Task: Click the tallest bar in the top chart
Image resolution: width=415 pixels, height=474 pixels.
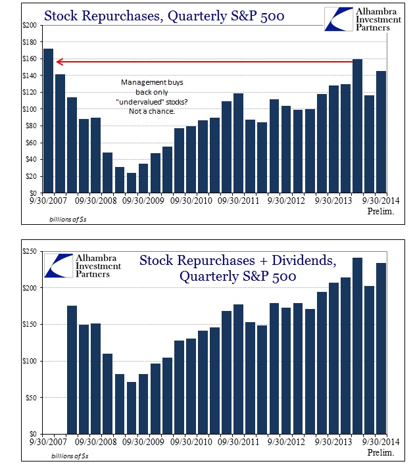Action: (x=49, y=120)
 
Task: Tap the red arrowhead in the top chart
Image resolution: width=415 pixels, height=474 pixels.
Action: (x=60, y=62)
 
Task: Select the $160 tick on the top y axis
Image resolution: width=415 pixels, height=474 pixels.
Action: (x=30, y=59)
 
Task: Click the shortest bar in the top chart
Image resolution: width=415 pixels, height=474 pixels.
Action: (x=132, y=183)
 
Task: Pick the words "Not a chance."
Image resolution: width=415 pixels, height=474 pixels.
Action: (x=152, y=111)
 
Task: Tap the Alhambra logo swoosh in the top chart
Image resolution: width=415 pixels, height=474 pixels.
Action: (x=339, y=19)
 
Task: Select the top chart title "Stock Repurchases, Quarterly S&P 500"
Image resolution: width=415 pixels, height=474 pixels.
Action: (x=164, y=16)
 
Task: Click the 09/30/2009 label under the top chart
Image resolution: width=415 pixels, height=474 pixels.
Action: (x=143, y=201)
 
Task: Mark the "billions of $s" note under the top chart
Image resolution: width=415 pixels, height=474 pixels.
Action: (x=68, y=219)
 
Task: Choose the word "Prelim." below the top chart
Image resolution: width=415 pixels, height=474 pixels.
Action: (x=381, y=211)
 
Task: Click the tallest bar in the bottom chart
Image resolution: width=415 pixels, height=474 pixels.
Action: (x=358, y=346)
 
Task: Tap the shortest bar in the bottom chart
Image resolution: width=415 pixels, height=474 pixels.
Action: (x=132, y=408)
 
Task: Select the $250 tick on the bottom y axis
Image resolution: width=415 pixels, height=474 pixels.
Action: (x=30, y=251)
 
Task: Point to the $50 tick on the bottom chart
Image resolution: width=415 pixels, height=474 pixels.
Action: (x=31, y=398)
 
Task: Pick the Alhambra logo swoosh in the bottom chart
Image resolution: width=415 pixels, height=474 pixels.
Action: (x=59, y=266)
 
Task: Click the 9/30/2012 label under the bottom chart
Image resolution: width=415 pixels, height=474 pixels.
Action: (x=286, y=442)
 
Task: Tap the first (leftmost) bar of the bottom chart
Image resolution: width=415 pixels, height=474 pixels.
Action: (x=72, y=370)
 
